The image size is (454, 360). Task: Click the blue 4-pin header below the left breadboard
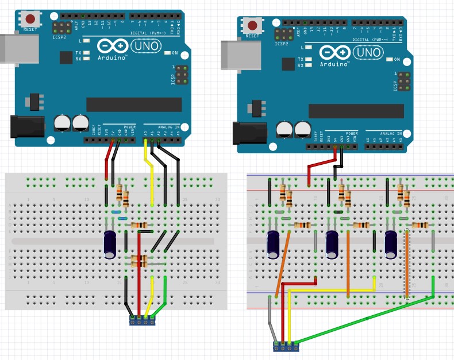(143, 320)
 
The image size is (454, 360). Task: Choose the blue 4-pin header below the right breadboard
(286, 346)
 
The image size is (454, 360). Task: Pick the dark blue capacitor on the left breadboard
(110, 243)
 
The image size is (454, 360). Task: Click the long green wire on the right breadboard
(368, 318)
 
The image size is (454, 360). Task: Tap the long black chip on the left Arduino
(133, 104)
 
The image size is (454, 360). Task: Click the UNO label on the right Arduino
(368, 53)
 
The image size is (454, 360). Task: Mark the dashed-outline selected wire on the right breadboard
(407, 264)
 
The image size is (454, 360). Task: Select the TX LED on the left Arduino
(87, 53)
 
